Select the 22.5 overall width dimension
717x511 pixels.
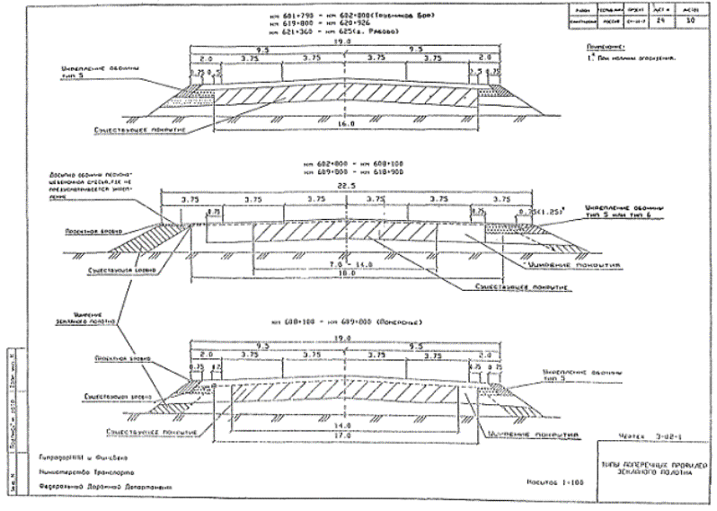tap(351, 188)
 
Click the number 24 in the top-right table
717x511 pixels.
tap(664, 16)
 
